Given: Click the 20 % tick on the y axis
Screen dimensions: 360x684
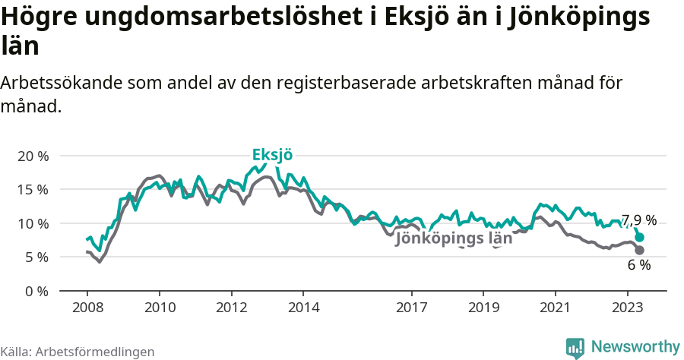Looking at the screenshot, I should point(32,156).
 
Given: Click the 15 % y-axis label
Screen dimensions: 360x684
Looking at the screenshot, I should point(32,189).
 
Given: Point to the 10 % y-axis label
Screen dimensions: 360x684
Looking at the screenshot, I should point(32,223).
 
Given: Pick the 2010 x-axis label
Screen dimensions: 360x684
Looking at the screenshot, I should point(159,308).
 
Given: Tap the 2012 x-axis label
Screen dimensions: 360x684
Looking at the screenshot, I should point(231,308).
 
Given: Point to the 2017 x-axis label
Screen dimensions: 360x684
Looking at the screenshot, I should point(411,308).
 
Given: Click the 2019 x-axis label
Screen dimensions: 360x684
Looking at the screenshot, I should point(483,308).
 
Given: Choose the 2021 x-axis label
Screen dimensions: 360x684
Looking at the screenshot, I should point(556,308).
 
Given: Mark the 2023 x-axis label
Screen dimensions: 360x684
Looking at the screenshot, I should point(628,308).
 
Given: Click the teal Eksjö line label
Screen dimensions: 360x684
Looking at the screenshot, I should point(272,155).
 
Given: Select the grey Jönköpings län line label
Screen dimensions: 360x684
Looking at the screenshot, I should point(454,238).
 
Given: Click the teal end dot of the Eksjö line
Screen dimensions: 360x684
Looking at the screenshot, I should point(640,237).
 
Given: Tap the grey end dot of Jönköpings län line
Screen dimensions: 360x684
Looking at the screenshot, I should point(640,250).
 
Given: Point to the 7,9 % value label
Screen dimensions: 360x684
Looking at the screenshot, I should point(638,220).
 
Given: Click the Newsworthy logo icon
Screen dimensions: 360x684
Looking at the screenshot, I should point(575,347).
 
